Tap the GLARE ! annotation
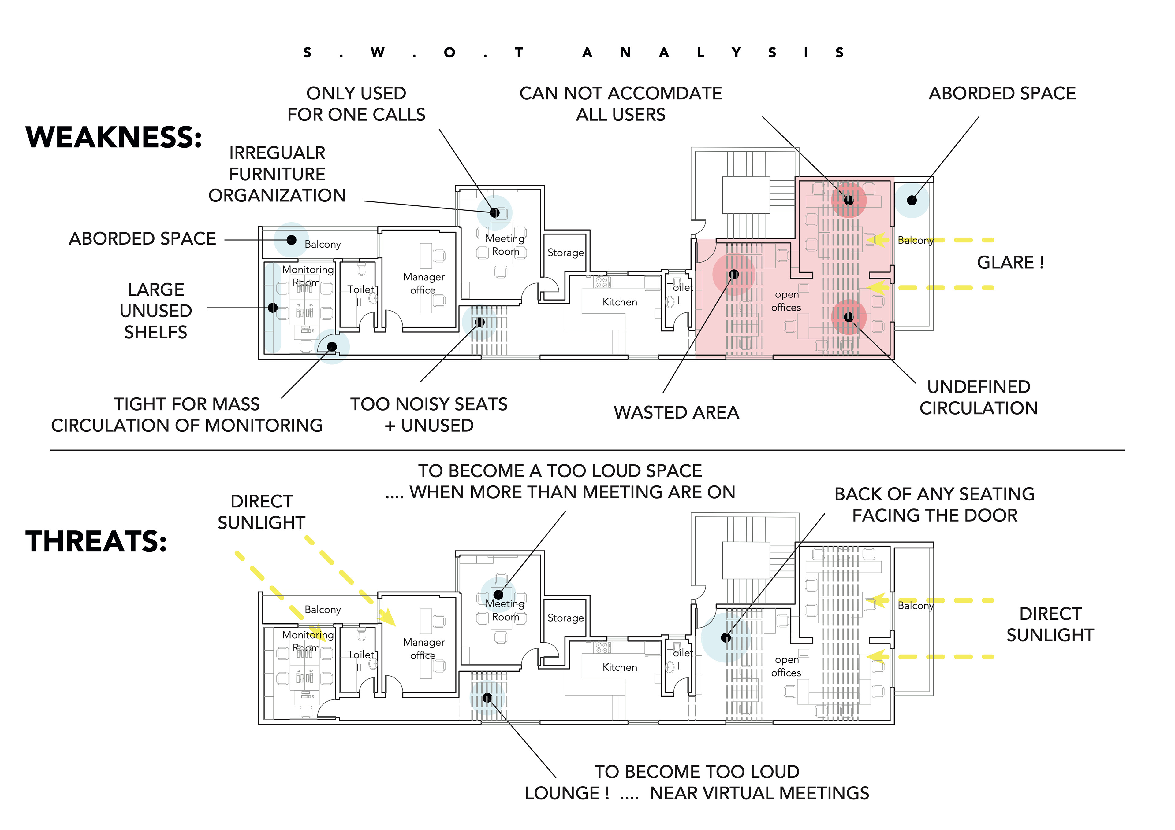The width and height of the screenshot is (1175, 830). click(x=1010, y=262)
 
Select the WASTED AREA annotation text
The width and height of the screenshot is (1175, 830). click(x=676, y=412)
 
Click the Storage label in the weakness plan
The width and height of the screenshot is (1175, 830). click(x=565, y=253)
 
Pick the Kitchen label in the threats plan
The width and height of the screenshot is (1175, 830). click(x=619, y=667)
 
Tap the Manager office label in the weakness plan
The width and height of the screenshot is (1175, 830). click(x=423, y=283)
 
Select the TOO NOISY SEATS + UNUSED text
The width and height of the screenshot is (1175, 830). click(x=429, y=415)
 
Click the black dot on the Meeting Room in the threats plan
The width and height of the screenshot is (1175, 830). click(x=498, y=595)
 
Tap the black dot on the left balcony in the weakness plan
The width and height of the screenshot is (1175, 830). click(x=291, y=240)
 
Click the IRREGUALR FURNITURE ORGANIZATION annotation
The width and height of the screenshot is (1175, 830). click(x=277, y=174)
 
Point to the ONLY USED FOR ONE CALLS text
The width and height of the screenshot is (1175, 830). click(x=356, y=104)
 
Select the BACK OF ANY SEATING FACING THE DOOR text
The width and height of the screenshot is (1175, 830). click(x=934, y=505)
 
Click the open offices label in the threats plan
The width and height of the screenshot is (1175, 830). click(x=786, y=666)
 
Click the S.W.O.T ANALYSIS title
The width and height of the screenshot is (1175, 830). click(x=573, y=53)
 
